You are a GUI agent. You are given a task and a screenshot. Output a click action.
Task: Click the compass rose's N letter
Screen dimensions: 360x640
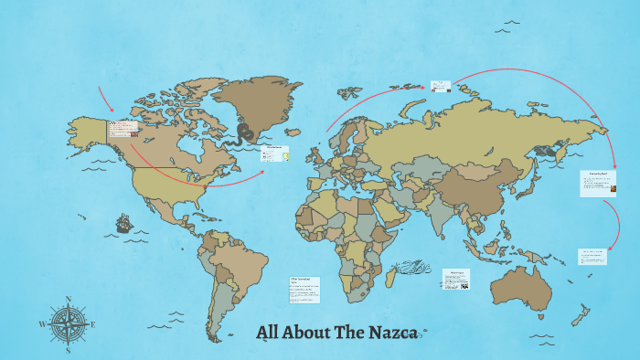point(68,300)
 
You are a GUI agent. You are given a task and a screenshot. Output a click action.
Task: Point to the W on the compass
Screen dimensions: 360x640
point(42,324)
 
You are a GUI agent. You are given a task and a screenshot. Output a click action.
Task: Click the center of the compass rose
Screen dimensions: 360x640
point(68,324)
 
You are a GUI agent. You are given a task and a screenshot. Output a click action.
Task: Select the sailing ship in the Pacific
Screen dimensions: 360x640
point(123,224)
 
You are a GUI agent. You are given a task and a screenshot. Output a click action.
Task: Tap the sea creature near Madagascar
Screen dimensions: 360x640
point(417,269)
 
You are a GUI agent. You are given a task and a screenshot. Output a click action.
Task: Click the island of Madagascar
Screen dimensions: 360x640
point(391,273)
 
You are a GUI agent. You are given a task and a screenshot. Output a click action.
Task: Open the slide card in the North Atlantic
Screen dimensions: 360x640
point(274,154)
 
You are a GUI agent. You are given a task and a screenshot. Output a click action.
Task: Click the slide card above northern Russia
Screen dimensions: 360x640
point(441,87)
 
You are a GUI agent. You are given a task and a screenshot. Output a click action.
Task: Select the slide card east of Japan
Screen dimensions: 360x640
point(597,184)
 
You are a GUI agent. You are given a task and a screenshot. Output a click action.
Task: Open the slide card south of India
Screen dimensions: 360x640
point(457,279)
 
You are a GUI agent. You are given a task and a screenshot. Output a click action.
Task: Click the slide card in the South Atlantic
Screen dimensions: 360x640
point(304,288)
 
